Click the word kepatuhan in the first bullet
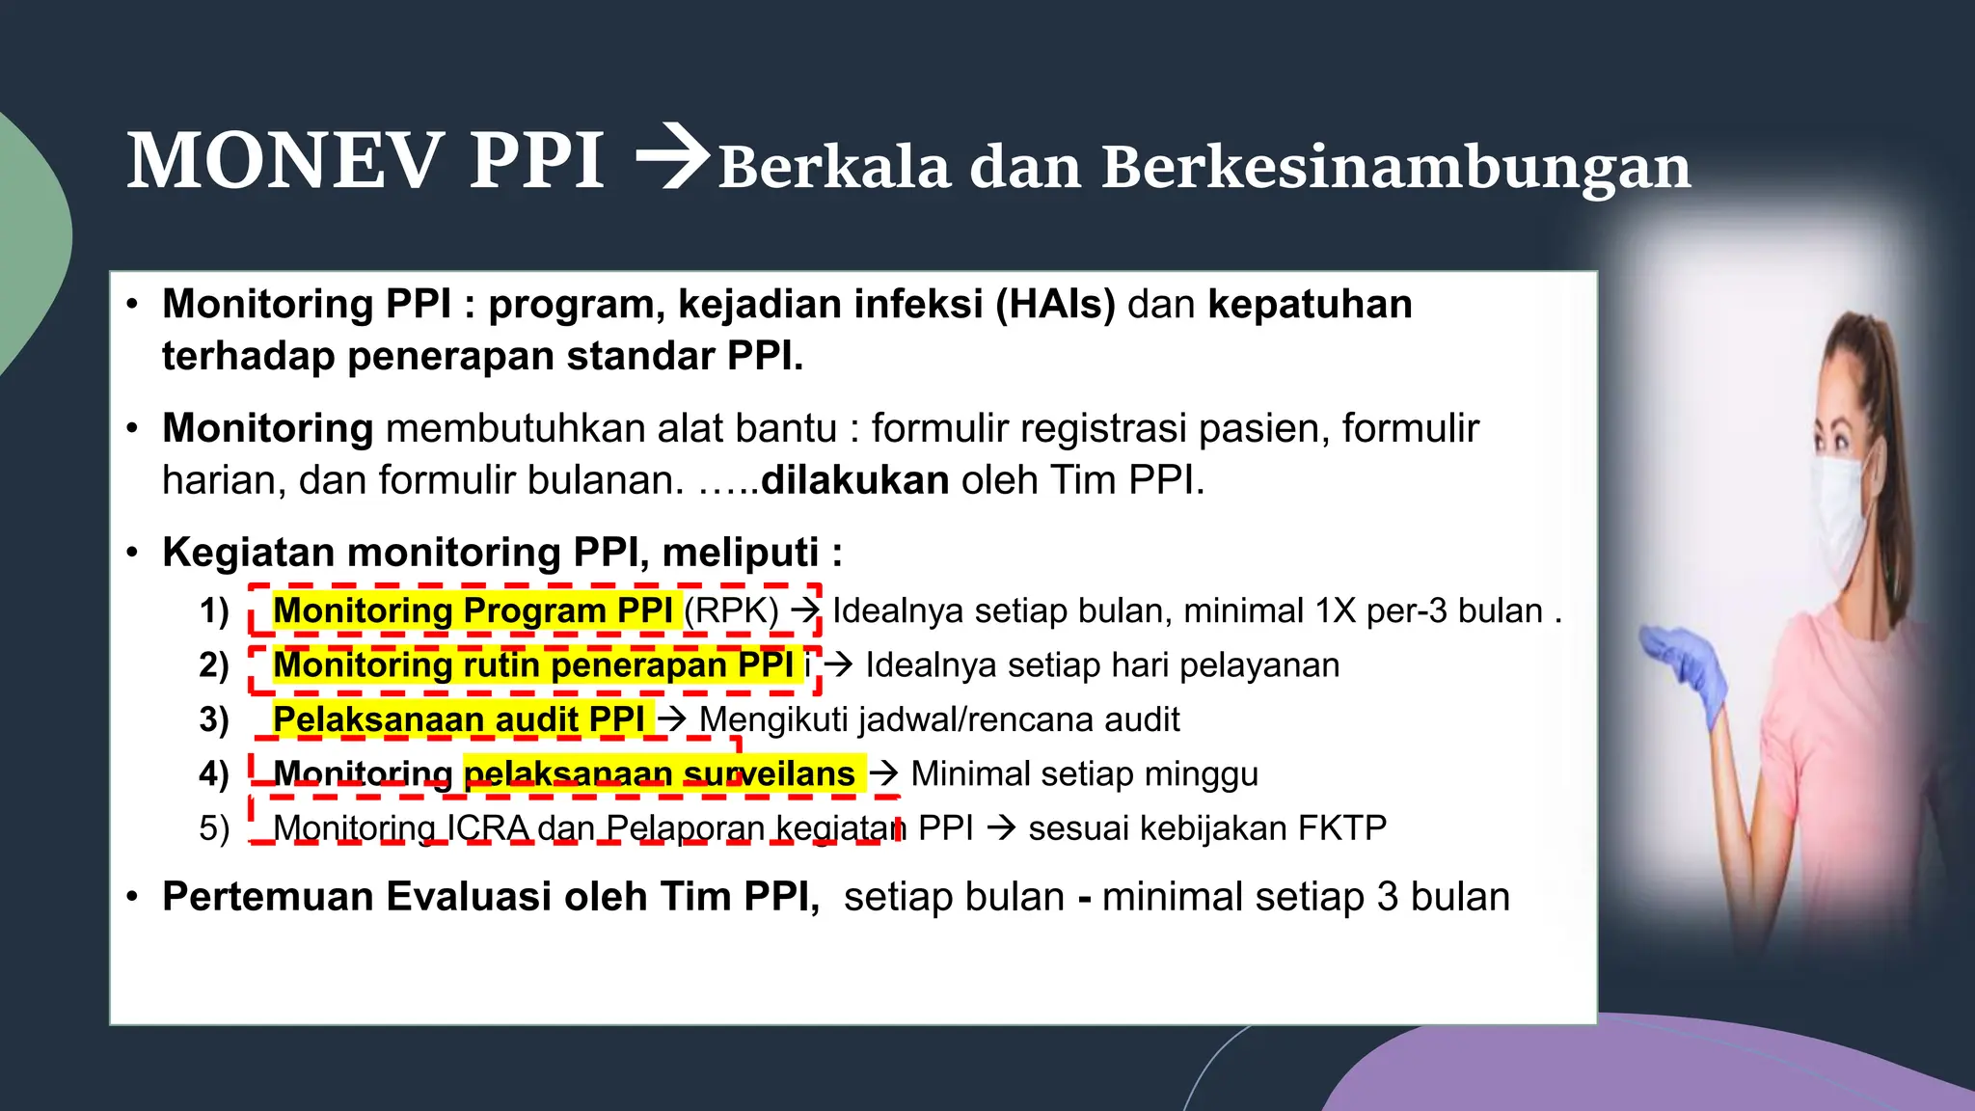point(1310,305)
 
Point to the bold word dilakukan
point(854,480)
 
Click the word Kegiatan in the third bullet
point(248,554)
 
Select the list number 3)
point(214,720)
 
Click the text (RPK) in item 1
point(731,611)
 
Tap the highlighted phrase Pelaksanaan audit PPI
point(458,720)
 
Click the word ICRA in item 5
point(487,828)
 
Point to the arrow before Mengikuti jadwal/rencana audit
point(671,719)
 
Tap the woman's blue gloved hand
point(1687,664)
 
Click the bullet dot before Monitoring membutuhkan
point(133,429)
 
